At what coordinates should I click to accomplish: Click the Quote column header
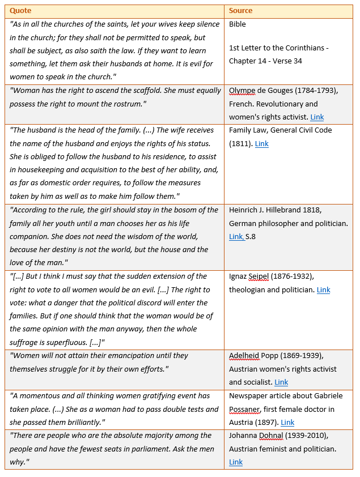pyautogui.click(x=20, y=11)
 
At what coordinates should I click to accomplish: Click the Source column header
pyautogui.click(x=240, y=11)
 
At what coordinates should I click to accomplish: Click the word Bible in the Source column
pyautogui.click(x=238, y=24)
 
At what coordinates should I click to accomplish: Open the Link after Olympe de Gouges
pyautogui.click(x=317, y=117)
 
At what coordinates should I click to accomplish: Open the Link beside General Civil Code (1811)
pyautogui.click(x=261, y=144)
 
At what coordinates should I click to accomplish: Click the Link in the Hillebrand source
pyautogui.click(x=236, y=237)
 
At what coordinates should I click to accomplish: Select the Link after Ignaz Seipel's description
pyautogui.click(x=323, y=290)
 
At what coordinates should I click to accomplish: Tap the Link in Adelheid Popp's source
pyautogui.click(x=281, y=382)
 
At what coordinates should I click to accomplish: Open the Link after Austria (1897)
pyautogui.click(x=287, y=423)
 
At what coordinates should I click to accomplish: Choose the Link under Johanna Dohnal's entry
pyautogui.click(x=236, y=462)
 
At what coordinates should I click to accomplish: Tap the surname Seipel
pyautogui.click(x=261, y=276)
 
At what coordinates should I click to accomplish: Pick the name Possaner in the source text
pyautogui.click(x=245, y=409)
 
